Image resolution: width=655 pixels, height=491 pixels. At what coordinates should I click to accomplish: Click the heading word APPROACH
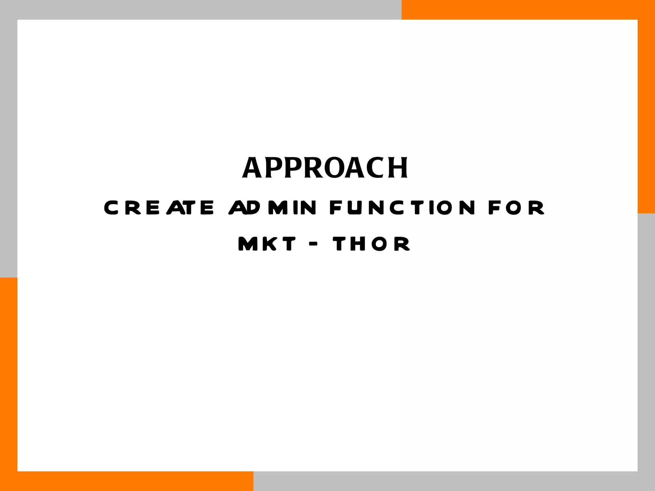pyautogui.click(x=325, y=168)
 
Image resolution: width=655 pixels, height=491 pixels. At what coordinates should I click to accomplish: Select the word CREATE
pyautogui.click(x=159, y=207)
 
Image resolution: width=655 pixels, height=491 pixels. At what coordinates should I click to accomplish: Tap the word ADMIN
pyautogui.click(x=272, y=207)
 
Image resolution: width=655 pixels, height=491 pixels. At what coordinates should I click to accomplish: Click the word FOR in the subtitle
pyautogui.click(x=516, y=207)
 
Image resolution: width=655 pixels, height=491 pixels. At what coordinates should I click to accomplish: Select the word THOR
pyautogui.click(x=371, y=244)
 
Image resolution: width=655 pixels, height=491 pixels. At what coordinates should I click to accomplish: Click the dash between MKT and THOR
pyautogui.click(x=314, y=244)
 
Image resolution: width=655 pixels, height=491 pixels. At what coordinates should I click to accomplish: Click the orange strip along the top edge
pyautogui.click(x=528, y=10)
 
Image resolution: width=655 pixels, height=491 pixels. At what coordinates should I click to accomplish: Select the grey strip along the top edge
pyautogui.click(x=201, y=10)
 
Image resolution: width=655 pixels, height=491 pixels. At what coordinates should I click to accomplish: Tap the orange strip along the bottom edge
pyautogui.click(x=126, y=481)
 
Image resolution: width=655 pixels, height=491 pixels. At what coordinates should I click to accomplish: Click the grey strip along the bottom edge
pyautogui.click(x=454, y=481)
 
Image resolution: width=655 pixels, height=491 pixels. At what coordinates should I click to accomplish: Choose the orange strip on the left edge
pyautogui.click(x=8, y=384)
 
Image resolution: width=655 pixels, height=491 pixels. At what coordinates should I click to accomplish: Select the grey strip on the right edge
pyautogui.click(x=646, y=352)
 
